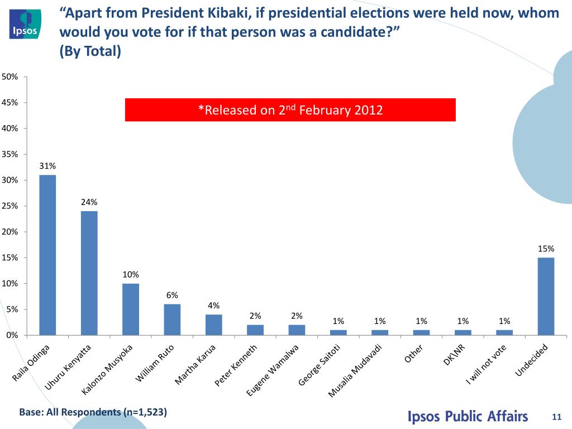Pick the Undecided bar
pos(545,296)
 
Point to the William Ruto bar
pos(172,320)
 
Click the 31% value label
pos(47,166)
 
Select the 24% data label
pos(89,202)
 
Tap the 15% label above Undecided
pos(546,249)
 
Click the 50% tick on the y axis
pos(9,77)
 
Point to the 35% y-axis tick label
pos(9,154)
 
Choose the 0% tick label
pos(11,335)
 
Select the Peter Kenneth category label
pos(236,366)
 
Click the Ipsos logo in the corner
pos(25,24)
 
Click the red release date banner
pos(290,110)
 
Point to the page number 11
pos(556,417)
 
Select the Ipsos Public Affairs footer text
pos(468,416)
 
